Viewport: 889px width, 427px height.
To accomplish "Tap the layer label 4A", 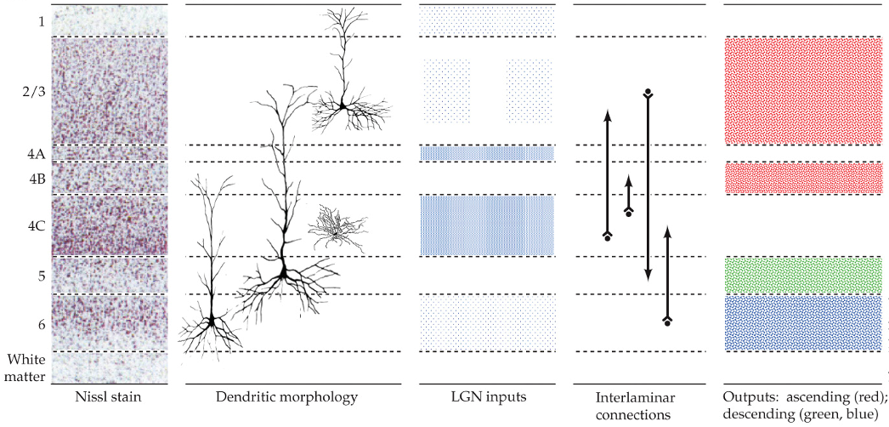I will pos(36,154).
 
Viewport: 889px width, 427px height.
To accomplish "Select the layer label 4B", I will pos(36,179).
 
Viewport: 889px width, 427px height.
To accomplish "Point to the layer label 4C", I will pos(36,226).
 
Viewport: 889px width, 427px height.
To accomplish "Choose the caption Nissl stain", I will pos(109,396).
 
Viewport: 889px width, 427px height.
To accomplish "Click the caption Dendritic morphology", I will pos(286,396).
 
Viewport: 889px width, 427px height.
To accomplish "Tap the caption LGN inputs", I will pos(487,396).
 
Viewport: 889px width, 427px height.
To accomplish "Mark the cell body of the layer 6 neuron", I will pos(210,321).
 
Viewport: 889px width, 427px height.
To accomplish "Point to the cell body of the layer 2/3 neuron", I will pos(342,106).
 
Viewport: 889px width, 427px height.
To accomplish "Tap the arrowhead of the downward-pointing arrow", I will pos(648,274).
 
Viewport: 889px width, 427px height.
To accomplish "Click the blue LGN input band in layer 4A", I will pos(487,153).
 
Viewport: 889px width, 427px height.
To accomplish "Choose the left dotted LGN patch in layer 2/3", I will pos(445,90).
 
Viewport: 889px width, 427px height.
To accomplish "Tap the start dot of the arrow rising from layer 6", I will pos(667,324).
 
